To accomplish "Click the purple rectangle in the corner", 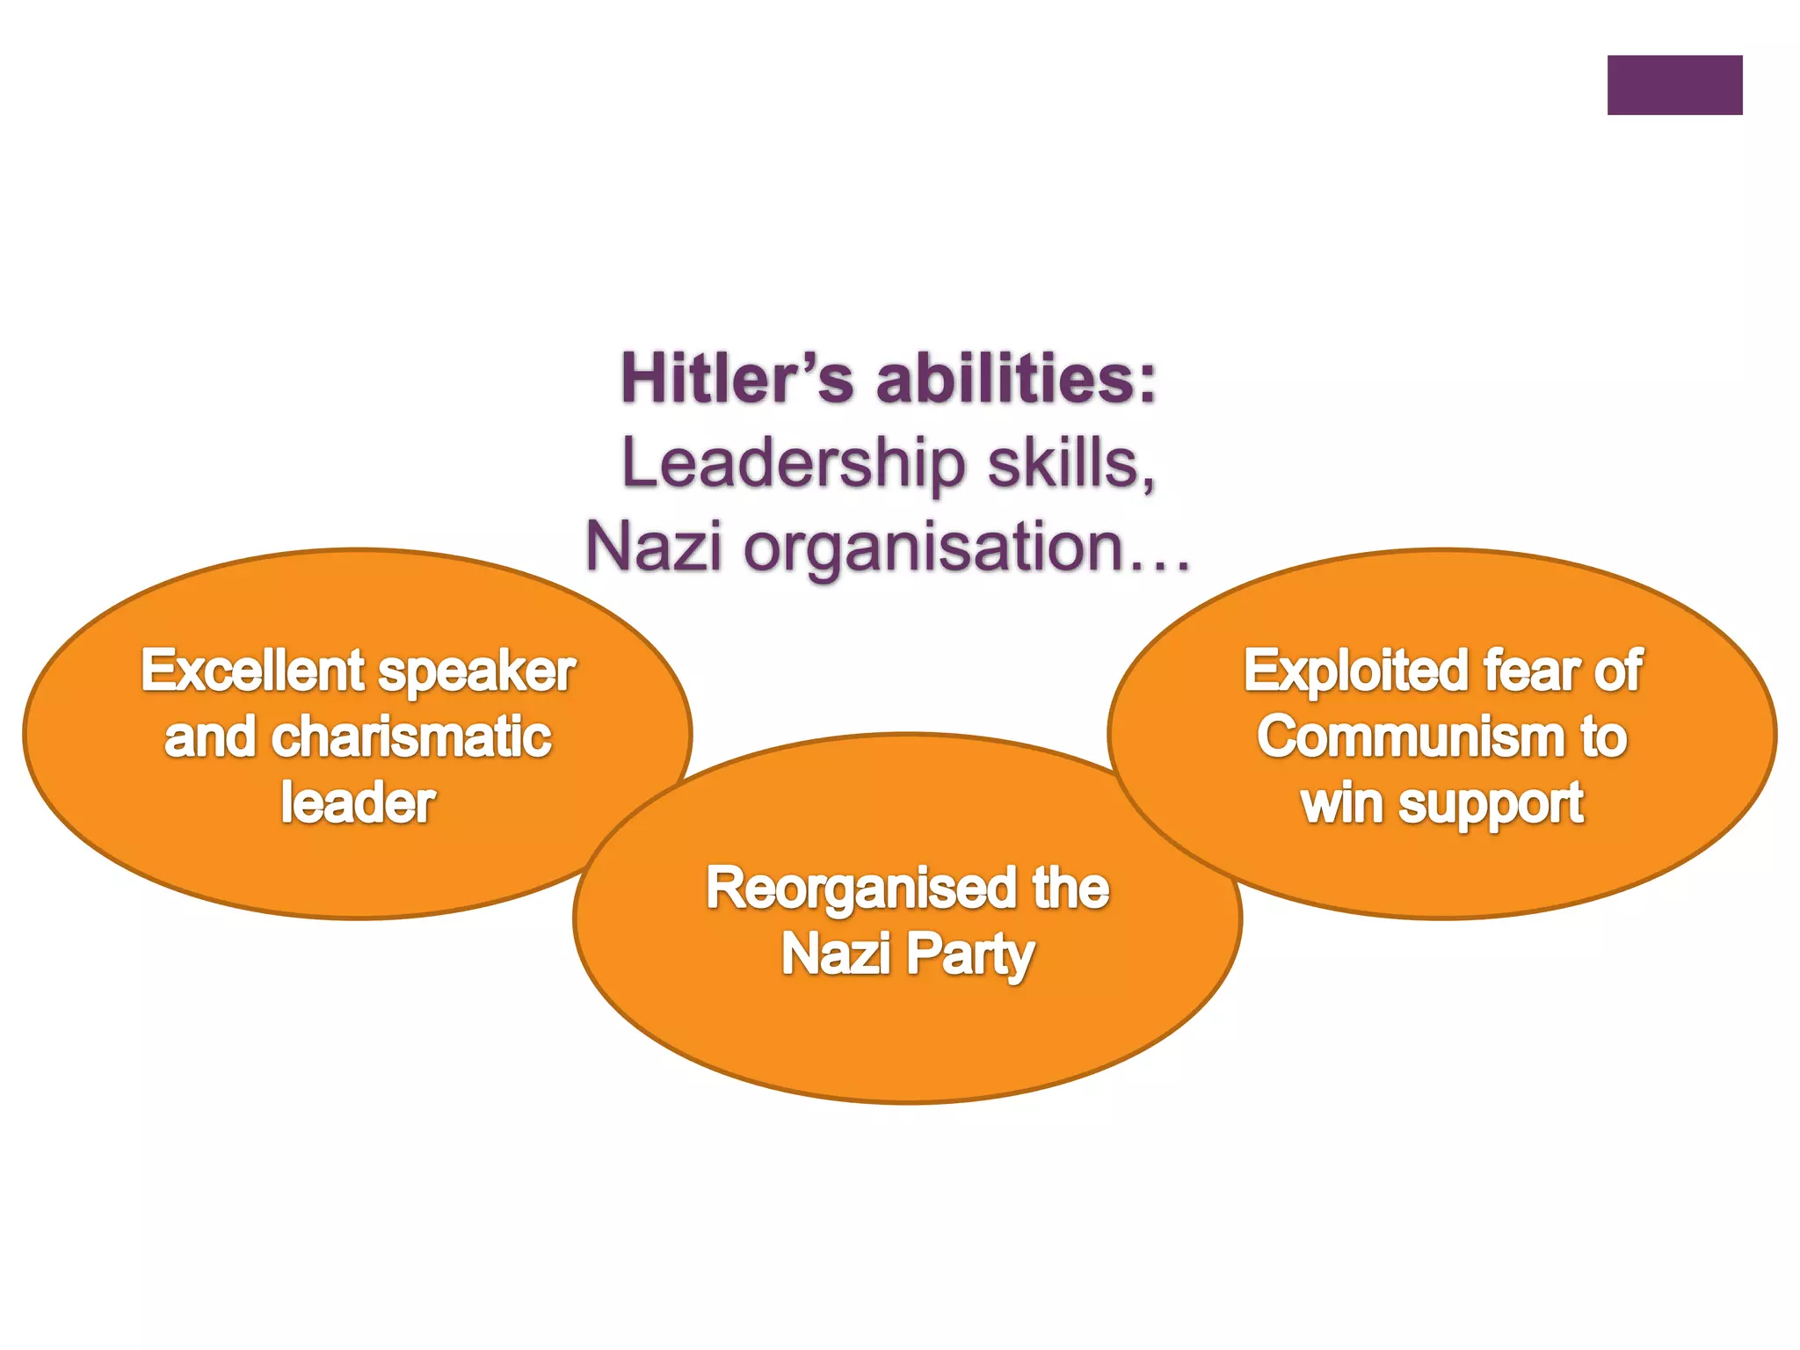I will [1674, 85].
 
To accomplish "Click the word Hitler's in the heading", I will [737, 379].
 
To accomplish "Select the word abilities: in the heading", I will [1017, 379].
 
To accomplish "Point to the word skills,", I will [1071, 463].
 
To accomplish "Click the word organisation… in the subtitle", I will [967, 547].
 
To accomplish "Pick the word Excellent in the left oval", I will [253, 671].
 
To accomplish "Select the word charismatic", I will [411, 737].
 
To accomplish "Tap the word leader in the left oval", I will [359, 802].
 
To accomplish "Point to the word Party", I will [970, 955].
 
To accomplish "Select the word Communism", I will [1410, 737].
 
